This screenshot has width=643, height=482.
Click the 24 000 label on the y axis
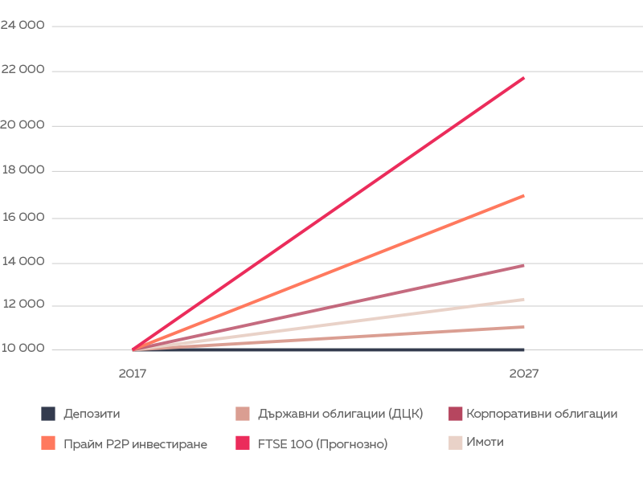[23, 26]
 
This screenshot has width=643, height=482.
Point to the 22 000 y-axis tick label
[23, 70]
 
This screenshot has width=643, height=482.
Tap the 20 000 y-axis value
[23, 125]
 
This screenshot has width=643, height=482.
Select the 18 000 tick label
[23, 170]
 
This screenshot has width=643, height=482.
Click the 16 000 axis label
[23, 217]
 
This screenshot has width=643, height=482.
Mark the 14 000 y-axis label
[23, 262]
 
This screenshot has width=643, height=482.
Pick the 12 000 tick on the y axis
[23, 305]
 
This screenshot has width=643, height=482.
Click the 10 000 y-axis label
[23, 349]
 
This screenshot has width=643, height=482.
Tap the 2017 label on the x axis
[133, 374]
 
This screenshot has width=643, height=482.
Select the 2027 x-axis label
[523, 374]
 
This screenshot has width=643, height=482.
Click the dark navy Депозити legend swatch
[48, 414]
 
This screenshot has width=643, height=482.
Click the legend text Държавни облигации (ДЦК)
[335, 414]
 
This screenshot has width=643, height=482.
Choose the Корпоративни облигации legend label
[541, 414]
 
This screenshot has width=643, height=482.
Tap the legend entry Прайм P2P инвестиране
[135, 443]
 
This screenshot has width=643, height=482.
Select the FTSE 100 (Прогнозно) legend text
[322, 443]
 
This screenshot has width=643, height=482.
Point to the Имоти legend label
[485, 442]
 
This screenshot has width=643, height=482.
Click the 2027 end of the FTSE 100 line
[523, 78]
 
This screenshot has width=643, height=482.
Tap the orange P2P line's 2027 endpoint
[523, 196]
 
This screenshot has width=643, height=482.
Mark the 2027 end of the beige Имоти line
[523, 300]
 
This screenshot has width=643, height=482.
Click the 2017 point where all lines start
[133, 349]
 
